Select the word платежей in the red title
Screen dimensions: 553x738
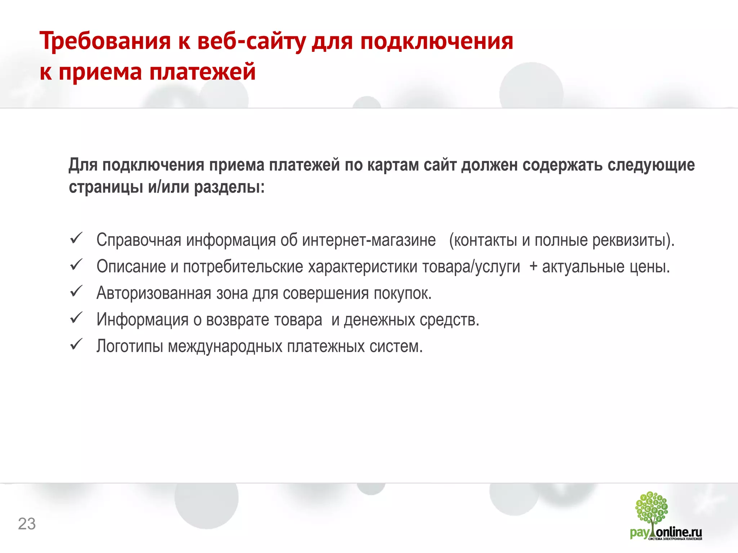tap(202, 72)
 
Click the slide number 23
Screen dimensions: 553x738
tap(27, 524)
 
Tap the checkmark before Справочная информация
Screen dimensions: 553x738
tap(76, 238)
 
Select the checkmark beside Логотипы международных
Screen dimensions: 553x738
tap(76, 345)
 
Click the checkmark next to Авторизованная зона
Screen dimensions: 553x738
tap(76, 292)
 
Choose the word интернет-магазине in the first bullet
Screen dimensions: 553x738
tap(369, 240)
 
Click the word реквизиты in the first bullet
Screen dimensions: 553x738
tap(629, 240)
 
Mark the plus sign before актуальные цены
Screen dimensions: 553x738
tap(533, 267)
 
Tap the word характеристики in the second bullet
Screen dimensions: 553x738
tap(363, 267)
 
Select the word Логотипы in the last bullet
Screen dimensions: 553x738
tap(129, 346)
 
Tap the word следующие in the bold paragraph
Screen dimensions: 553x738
tap(651, 165)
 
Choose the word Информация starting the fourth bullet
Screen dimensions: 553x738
tap(142, 320)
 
